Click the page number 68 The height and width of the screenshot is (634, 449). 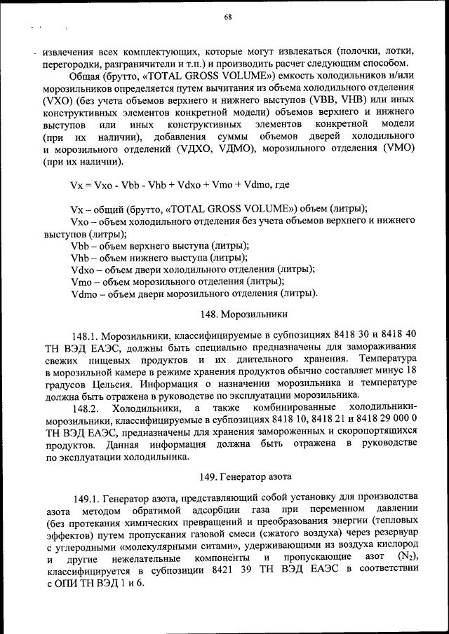228,18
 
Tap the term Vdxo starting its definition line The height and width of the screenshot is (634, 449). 83,269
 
